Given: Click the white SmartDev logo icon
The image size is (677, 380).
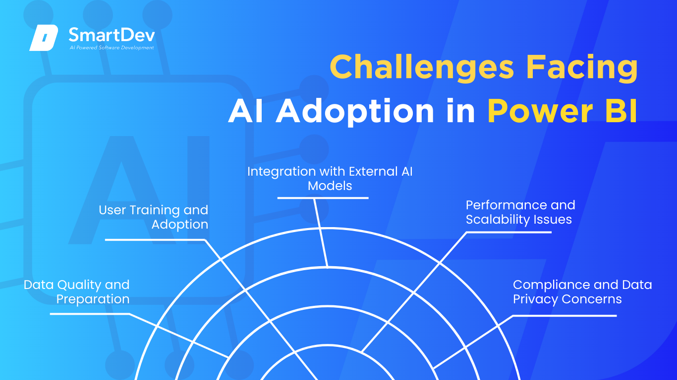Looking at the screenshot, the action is click(x=44, y=38).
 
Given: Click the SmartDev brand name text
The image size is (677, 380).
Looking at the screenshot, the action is click(x=112, y=35).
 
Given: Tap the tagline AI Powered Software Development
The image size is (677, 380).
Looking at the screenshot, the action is click(x=112, y=47).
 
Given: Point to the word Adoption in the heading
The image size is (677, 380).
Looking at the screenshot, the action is click(x=355, y=111).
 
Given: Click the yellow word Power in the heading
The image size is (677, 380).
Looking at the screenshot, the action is click(x=540, y=111).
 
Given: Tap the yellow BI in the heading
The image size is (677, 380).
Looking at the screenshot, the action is click(x=621, y=110).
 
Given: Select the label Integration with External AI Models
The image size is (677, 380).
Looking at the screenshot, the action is click(x=330, y=179).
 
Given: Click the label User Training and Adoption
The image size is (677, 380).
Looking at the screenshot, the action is click(x=154, y=217).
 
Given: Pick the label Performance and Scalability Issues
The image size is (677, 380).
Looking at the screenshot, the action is click(x=520, y=212).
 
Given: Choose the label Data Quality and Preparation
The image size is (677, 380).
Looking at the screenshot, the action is click(x=77, y=292).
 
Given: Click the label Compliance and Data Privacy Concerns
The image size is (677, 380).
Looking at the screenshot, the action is click(x=582, y=292).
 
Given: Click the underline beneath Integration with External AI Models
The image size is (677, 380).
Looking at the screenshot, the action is click(x=323, y=198).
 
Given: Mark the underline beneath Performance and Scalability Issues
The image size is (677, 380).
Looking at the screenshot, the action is click(x=509, y=232).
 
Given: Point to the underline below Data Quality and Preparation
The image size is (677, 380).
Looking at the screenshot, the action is click(x=90, y=314).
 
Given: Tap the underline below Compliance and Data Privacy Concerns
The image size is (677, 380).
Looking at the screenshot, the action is click(x=565, y=316).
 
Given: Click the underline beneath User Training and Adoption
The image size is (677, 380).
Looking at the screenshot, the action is click(x=155, y=240).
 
